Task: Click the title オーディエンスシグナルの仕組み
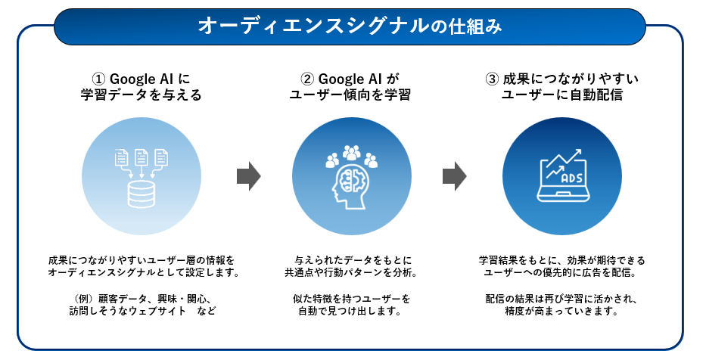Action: click(350, 26)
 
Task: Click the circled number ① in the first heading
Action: click(98, 79)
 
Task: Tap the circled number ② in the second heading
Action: click(307, 79)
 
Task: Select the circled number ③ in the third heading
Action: click(492, 79)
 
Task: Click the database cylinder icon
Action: click(142, 194)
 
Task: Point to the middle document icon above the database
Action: click(142, 157)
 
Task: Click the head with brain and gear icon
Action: click(350, 188)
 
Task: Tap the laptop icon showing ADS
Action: click(563, 175)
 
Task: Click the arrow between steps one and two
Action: click(249, 176)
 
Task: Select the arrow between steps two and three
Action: click(455, 176)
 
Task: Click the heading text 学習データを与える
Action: click(142, 95)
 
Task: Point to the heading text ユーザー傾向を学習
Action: click(350, 95)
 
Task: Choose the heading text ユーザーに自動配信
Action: click(562, 95)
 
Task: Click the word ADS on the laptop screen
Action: click(572, 178)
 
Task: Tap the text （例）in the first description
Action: click(82, 299)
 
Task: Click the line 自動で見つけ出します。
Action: click(350, 311)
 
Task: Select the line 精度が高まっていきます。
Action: click(562, 311)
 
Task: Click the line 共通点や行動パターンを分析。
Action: click(350, 273)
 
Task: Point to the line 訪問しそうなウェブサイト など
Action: click(142, 311)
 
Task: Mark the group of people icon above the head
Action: click(352, 156)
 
